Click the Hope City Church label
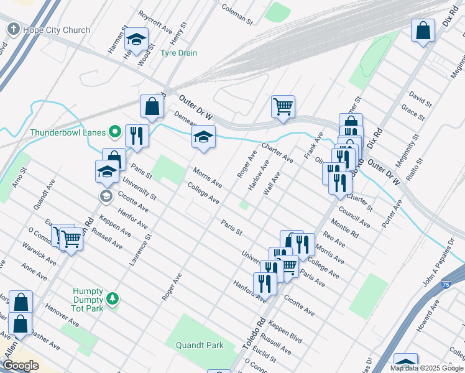[x=56, y=30]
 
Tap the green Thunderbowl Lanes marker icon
[x=114, y=132]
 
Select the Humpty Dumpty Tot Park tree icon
[x=113, y=300]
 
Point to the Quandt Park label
[x=199, y=345]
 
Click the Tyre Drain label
[x=178, y=53]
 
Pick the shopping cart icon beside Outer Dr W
[x=283, y=106]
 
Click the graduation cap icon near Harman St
[x=136, y=39]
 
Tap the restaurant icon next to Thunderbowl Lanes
[x=136, y=136]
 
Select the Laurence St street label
[x=141, y=250]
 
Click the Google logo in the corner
[x=20, y=366]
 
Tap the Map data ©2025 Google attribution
[x=426, y=368]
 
